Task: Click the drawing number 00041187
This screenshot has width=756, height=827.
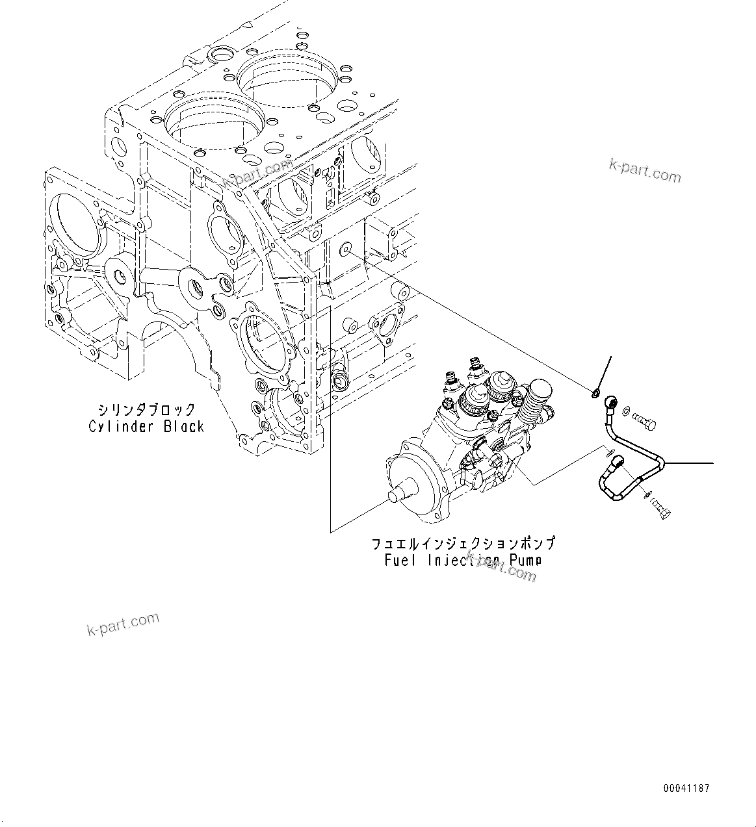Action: [686, 789]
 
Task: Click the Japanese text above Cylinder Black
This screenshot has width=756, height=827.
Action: [146, 410]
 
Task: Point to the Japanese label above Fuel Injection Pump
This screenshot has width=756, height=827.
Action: [463, 544]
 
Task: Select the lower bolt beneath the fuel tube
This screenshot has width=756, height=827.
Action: [660, 510]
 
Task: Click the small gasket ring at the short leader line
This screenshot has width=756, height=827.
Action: [595, 392]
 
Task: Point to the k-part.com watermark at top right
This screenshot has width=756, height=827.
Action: [644, 171]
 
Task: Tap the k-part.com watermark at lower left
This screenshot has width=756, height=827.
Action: [123, 624]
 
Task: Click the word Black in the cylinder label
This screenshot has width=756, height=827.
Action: [184, 427]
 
